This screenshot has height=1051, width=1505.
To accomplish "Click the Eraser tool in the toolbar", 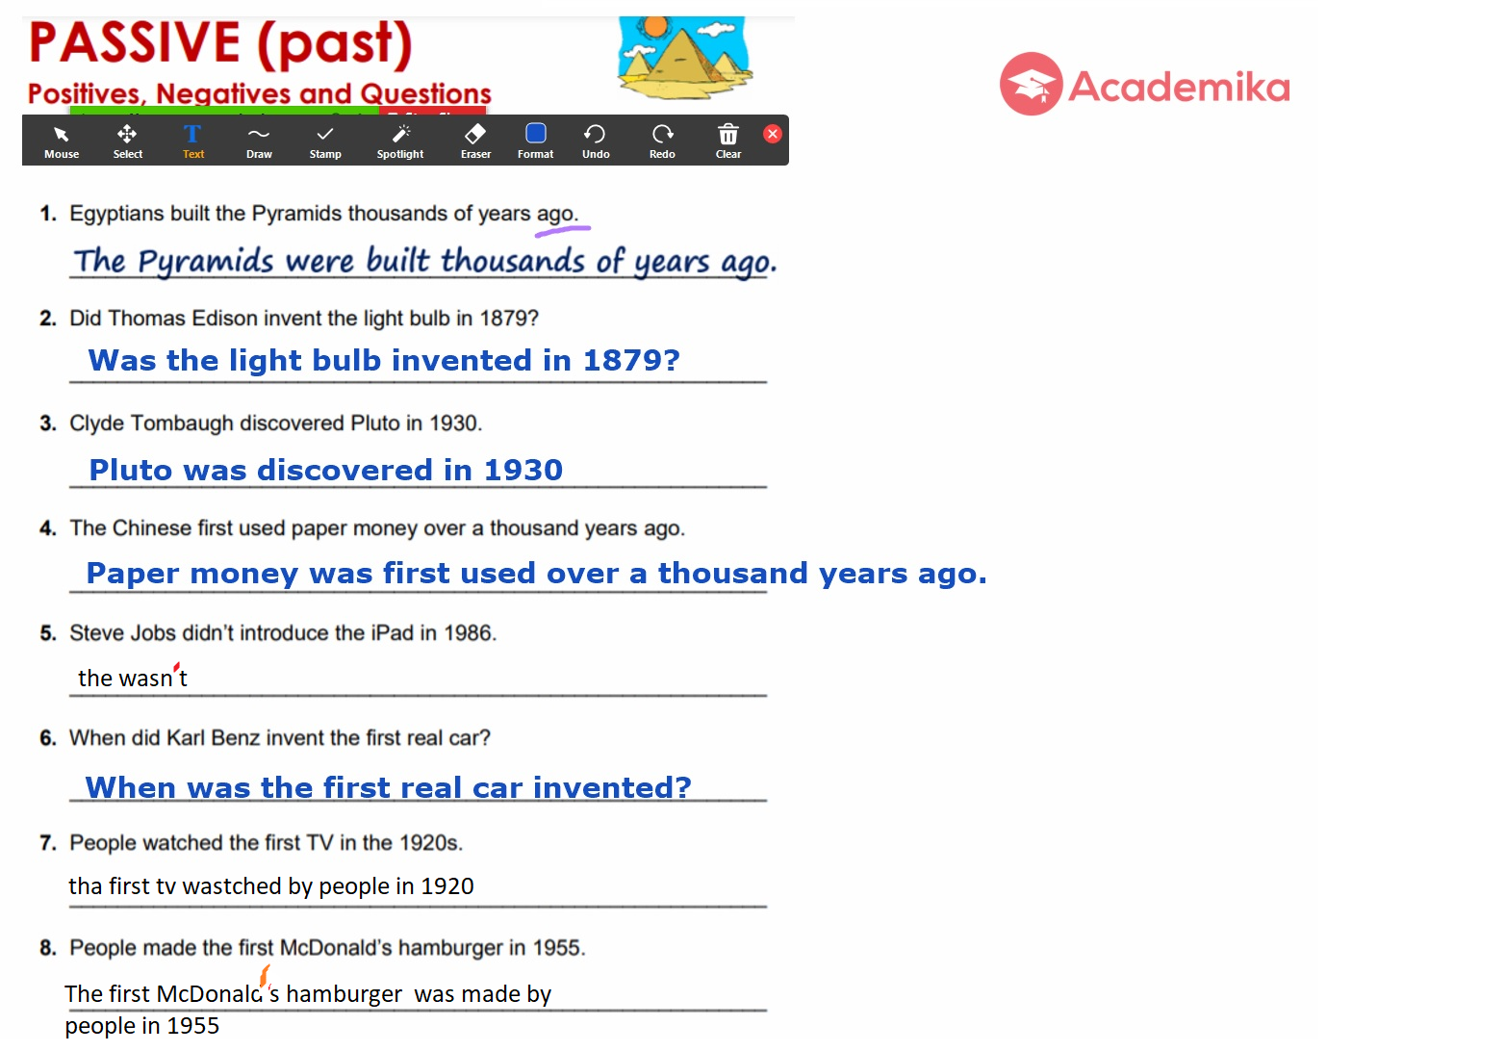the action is pos(475,141).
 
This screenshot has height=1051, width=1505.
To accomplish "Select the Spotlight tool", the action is pos(400,141).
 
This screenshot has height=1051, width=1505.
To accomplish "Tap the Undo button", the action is pos(596,141).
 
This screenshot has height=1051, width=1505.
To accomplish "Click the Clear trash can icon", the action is pos(728,135).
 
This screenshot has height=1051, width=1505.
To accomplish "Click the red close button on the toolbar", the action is pos(773,134).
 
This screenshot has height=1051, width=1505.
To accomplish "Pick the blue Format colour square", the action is pos(535,133).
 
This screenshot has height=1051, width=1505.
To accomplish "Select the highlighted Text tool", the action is pos(192,141).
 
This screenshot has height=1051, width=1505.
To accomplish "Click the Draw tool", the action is pos(260,141).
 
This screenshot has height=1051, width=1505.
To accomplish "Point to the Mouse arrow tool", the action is pos(62,141).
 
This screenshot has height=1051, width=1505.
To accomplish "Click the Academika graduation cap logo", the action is pos(1032,84).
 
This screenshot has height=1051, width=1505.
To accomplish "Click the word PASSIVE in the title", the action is pos(135,43).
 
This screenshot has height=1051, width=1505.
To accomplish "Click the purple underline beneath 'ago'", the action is pos(563,231).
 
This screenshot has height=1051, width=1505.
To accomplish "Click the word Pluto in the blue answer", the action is pos(131,470).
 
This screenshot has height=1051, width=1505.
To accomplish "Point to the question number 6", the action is pos(48,738).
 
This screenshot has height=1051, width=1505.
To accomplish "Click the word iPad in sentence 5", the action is pos(392,633).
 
